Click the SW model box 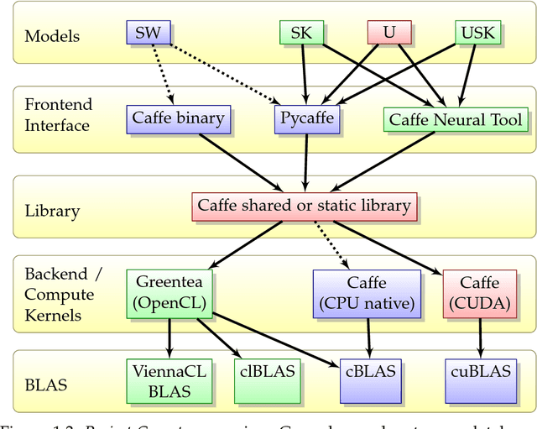point(149,33)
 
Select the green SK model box point(300,33)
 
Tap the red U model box point(388,33)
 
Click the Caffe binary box point(178,118)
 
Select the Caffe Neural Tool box point(456,119)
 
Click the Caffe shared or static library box point(304,205)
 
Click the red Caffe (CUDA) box point(480,293)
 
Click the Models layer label point(53,36)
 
